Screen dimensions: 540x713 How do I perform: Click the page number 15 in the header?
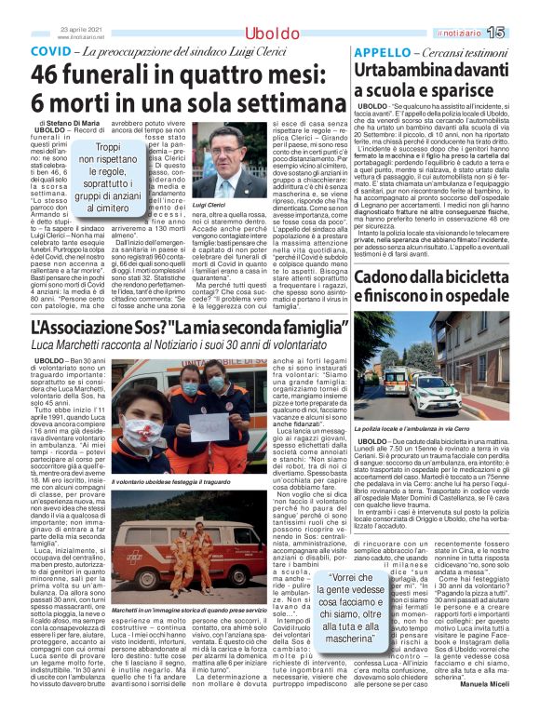(520, 34)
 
